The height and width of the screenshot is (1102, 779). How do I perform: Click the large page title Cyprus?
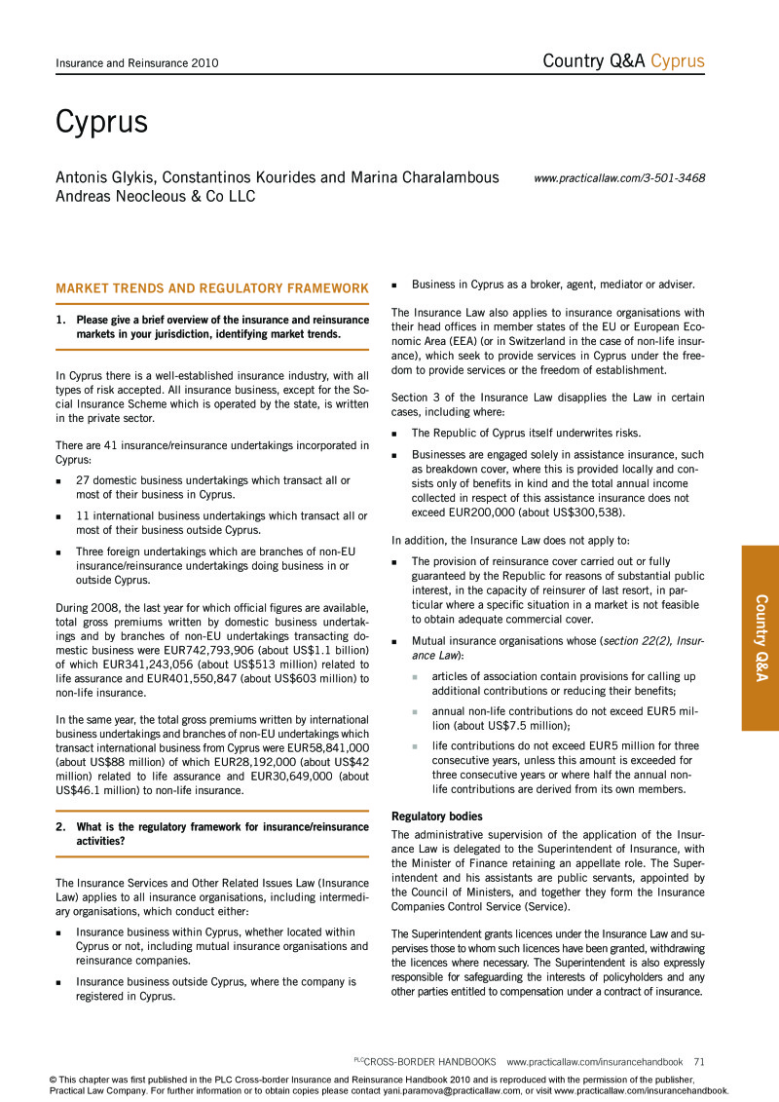[101, 123]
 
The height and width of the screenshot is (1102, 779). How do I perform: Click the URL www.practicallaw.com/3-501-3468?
[619, 178]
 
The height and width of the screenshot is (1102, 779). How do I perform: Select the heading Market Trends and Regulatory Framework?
[212, 288]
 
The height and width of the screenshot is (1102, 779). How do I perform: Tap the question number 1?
[60, 320]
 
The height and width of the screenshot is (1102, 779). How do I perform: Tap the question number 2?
[60, 827]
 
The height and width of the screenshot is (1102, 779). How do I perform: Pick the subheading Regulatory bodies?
[437, 816]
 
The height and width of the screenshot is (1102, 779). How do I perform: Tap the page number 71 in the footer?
[699, 1062]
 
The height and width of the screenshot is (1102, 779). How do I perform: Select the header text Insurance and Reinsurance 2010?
[136, 63]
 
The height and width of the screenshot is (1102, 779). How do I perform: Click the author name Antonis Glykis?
[106, 178]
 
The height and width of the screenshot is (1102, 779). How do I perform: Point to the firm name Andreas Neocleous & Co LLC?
[155, 197]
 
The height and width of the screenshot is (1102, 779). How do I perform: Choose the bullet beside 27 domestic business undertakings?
[60, 481]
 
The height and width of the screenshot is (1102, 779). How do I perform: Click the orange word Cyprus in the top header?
[678, 61]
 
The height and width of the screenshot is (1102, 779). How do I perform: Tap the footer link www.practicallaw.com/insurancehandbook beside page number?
[595, 1062]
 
